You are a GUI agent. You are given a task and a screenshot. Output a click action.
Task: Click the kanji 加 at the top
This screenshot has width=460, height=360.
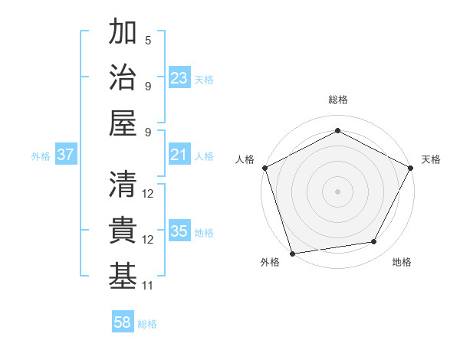pos(123,33)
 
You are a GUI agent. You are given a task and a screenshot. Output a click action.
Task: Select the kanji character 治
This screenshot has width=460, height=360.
pos(123,78)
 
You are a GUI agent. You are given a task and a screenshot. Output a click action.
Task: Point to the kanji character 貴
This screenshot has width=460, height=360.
pos(123,231)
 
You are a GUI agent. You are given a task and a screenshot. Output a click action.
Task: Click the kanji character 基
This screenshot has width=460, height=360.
pos(123,277)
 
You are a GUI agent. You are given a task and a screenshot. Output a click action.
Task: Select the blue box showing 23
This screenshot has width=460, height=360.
pos(179,78)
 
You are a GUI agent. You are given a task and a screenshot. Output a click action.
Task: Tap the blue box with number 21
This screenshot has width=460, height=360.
pos(179,155)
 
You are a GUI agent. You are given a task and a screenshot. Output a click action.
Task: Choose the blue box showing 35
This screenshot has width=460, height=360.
pos(179,231)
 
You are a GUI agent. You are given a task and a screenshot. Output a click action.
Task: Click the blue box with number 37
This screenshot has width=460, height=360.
pos(66,155)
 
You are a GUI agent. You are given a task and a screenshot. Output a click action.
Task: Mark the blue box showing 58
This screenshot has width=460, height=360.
pos(123,322)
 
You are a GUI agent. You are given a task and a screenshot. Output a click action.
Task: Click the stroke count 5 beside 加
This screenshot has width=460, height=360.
pos(148,40)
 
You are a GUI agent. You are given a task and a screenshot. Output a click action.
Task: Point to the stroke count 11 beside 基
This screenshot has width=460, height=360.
pos(148,285)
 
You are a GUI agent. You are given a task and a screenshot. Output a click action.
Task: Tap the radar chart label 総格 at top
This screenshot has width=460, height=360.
pos(337,100)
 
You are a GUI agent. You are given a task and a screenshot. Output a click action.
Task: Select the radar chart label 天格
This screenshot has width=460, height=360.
pos(431,159)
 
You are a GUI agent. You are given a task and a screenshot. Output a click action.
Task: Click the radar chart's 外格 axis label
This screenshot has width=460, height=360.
pos(270,262)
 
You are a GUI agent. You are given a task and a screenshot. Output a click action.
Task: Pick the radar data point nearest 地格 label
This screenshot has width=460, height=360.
pos(374,242)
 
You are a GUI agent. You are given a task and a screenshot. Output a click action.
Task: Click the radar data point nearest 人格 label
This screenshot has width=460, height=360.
pos(264,167)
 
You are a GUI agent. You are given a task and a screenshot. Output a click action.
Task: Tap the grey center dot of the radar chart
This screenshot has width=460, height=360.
pos(337,191)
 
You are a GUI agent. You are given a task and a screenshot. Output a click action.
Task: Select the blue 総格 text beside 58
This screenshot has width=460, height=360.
pos(147,324)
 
